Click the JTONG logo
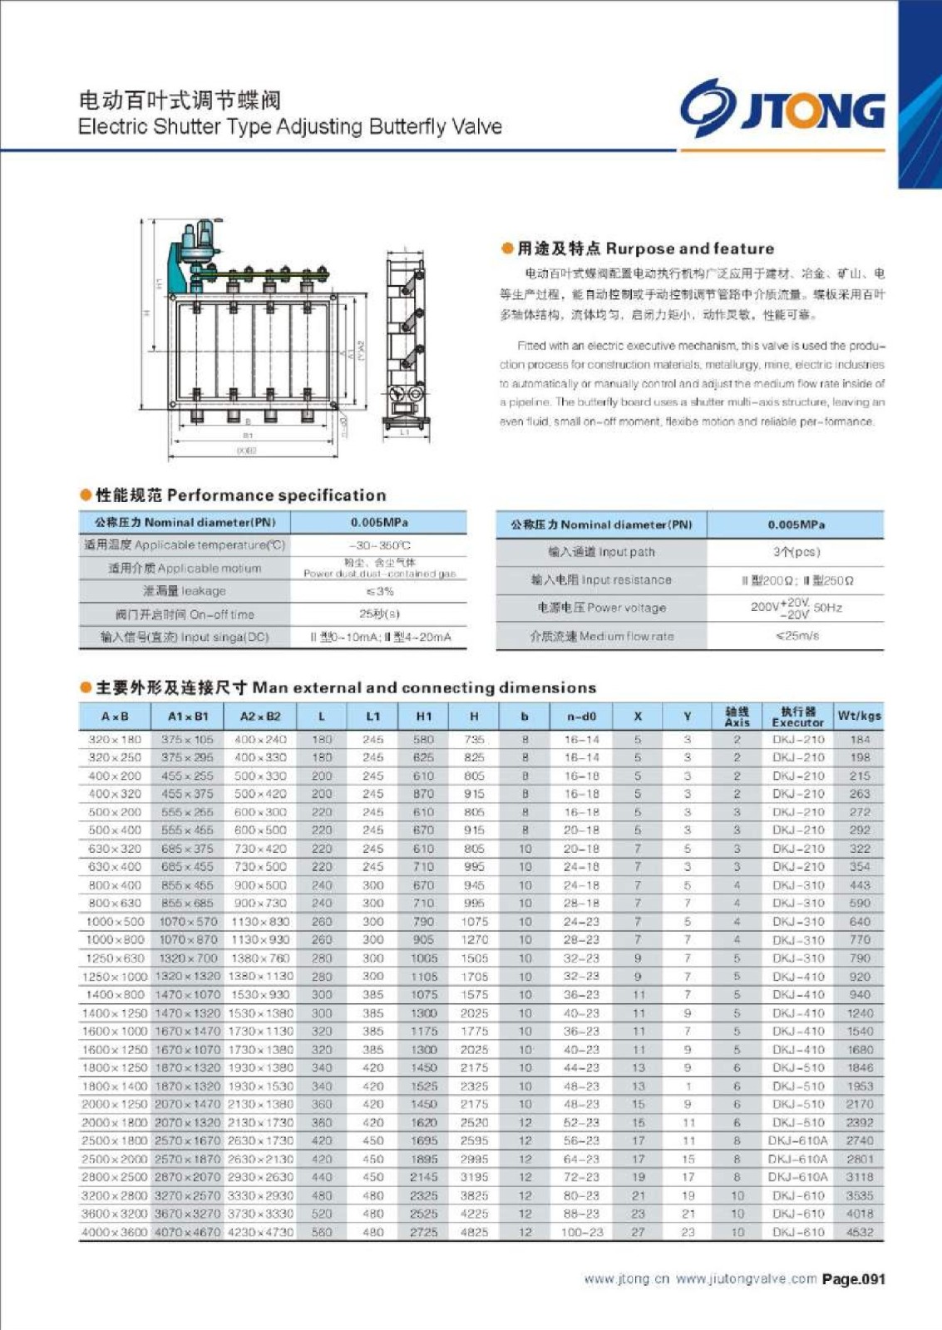click(782, 109)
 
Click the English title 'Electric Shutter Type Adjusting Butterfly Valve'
click(289, 126)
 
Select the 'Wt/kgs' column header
click(859, 716)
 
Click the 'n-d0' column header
click(581, 716)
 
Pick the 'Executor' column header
click(797, 717)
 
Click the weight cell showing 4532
click(860, 1232)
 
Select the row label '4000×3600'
click(115, 1232)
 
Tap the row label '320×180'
click(115, 739)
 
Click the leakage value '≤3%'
click(379, 591)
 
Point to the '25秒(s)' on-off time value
click(379, 613)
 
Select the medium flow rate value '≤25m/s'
click(797, 636)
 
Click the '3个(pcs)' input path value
click(797, 552)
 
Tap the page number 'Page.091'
click(853, 1279)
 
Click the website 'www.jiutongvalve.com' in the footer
click(746, 1279)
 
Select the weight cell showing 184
click(860, 739)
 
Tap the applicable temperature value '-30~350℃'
click(379, 545)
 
